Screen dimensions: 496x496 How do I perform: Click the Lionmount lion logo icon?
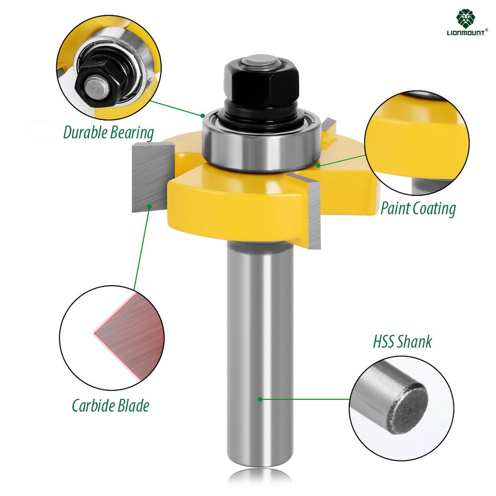tap(467, 18)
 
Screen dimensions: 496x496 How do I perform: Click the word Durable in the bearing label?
tap(85, 132)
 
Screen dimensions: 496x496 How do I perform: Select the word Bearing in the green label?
tap(131, 133)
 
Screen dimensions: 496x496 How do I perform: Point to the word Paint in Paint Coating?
tap(395, 209)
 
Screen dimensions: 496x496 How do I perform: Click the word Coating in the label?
tap(433, 209)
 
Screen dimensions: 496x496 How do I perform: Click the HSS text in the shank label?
tap(384, 342)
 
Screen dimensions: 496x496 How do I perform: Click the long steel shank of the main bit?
tap(260, 351)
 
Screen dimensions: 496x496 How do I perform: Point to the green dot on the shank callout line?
tap(260, 399)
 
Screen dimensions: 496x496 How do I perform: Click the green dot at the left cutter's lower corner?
tap(150, 206)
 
